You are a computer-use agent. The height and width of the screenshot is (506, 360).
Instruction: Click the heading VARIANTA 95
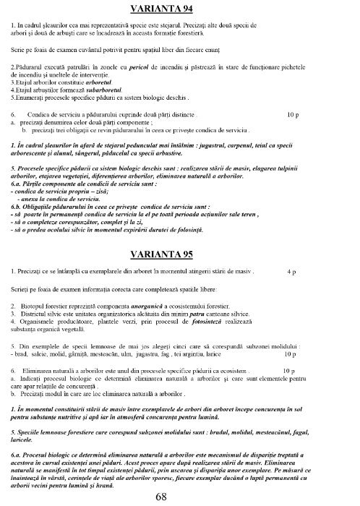pyautogui.click(x=179, y=255)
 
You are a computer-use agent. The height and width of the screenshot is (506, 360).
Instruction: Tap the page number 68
pyautogui.click(x=179, y=497)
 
